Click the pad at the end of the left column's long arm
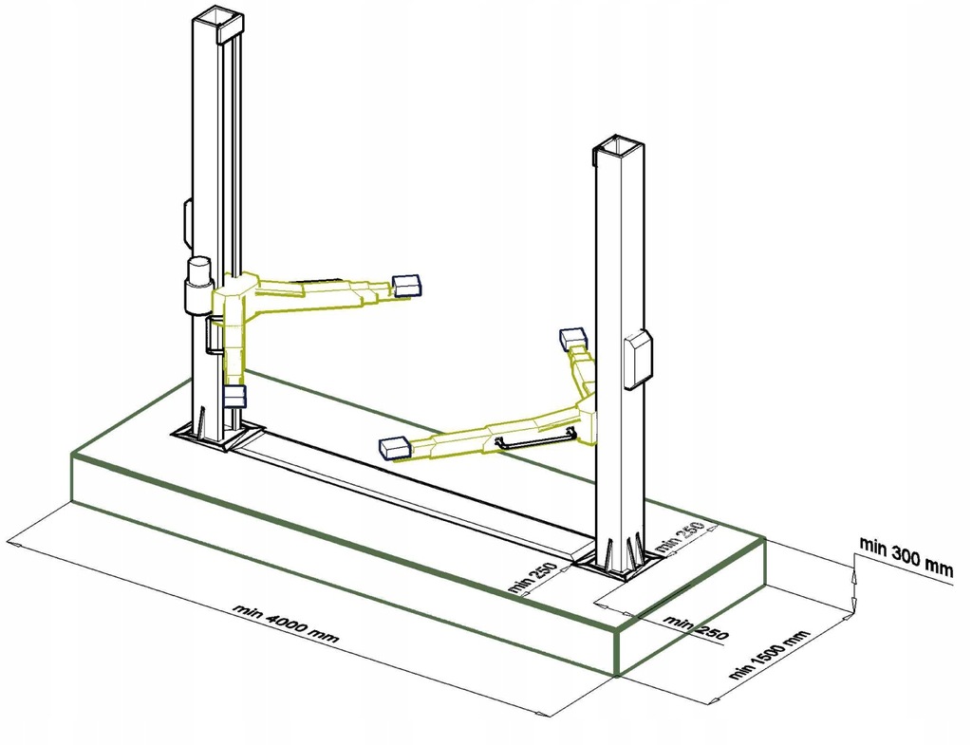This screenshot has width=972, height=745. point(407,284)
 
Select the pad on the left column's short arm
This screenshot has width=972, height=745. point(234,397)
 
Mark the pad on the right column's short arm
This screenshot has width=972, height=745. point(571,337)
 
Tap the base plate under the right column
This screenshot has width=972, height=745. point(618,565)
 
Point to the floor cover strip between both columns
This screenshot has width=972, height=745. point(408,494)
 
